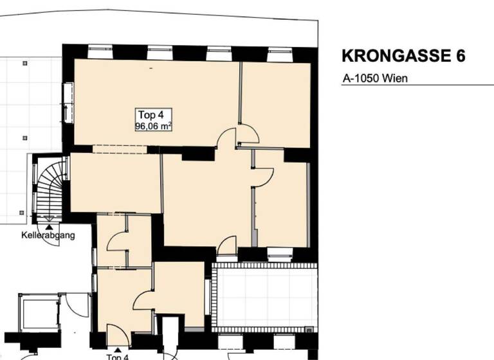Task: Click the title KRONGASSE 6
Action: click(403, 56)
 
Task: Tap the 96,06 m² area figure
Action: click(152, 127)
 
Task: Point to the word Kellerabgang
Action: click(48, 235)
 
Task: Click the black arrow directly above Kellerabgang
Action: click(50, 224)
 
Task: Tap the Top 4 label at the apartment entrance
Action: click(117, 356)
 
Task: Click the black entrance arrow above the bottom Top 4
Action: click(116, 347)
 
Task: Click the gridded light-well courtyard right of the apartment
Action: click(265, 296)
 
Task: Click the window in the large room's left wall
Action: click(68, 103)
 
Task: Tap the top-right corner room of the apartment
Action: click(276, 103)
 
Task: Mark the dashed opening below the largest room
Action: click(120, 150)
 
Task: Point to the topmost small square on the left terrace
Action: click(24, 63)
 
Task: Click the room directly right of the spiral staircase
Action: click(114, 183)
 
